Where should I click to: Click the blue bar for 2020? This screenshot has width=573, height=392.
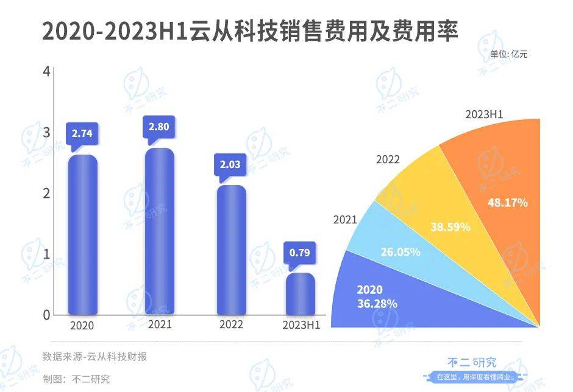[82, 234]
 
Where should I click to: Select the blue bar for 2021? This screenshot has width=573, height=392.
[159, 231]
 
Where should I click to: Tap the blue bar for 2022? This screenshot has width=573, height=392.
[231, 250]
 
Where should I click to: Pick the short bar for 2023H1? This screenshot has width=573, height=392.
[301, 293]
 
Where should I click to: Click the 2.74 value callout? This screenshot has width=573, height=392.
[82, 132]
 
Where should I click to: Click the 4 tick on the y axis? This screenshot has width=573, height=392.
[46, 72]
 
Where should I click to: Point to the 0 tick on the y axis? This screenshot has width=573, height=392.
[46, 315]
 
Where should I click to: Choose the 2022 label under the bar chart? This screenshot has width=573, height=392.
[231, 325]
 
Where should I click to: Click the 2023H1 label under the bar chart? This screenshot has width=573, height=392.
[301, 325]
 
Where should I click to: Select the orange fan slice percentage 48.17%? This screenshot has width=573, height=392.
[507, 203]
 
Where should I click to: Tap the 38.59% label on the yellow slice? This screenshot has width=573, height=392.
[450, 227]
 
